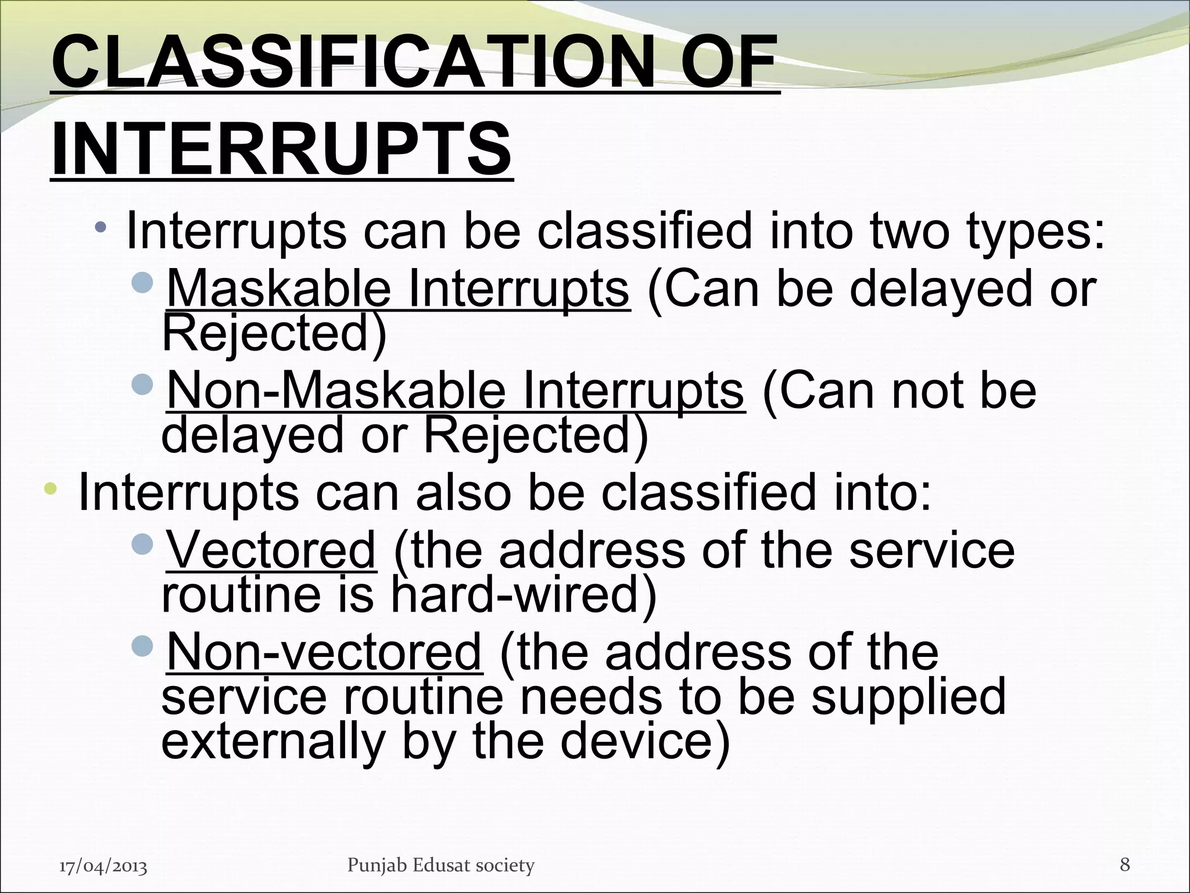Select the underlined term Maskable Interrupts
(x=398, y=289)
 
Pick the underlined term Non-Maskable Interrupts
(x=455, y=391)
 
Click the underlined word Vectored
(x=271, y=551)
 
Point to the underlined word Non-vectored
(x=324, y=652)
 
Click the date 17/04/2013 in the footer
(x=103, y=866)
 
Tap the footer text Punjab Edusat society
(x=440, y=865)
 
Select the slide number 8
(x=1124, y=865)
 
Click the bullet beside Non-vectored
(x=142, y=645)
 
